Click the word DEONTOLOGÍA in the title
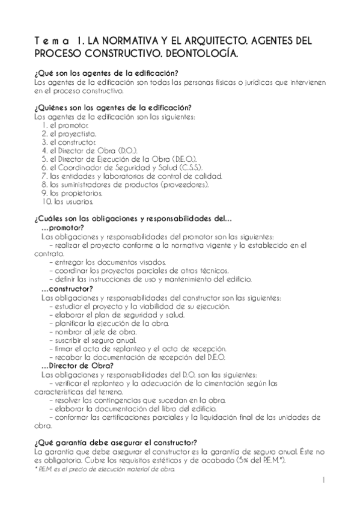pos(197,54)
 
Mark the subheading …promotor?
pos(63,228)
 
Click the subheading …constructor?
pos(67,289)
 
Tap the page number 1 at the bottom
pos(323,480)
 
